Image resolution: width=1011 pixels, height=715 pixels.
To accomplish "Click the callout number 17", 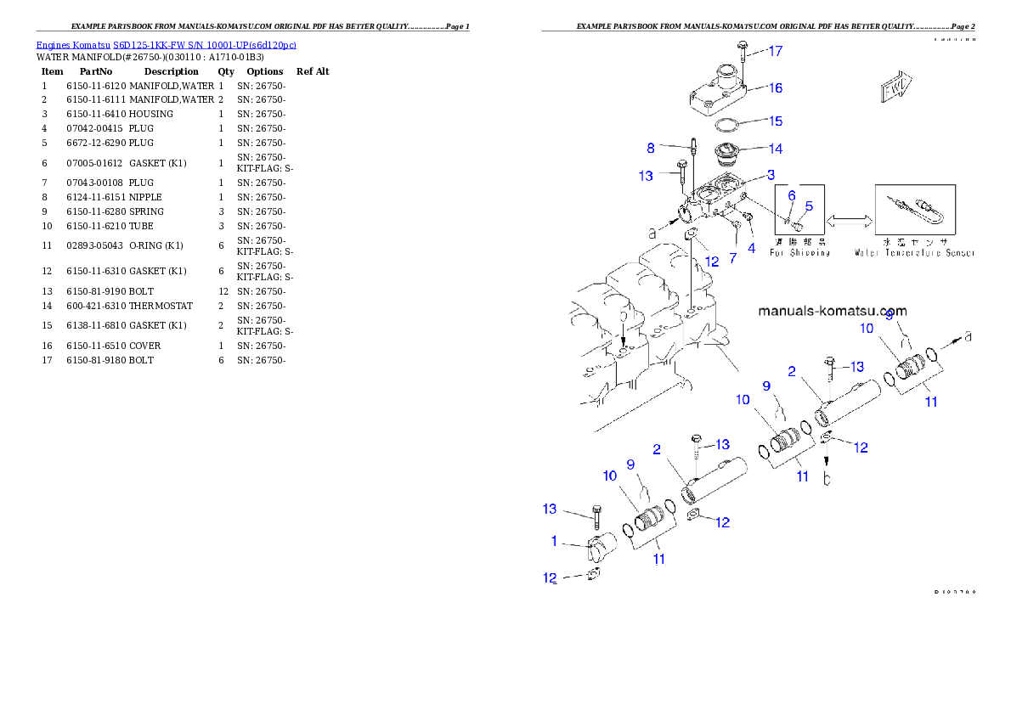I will (x=776, y=51).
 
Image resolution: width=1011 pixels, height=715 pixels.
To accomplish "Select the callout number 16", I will (x=776, y=87).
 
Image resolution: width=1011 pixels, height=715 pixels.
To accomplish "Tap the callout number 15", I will (x=776, y=121).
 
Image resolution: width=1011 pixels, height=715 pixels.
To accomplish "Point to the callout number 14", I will (x=776, y=149).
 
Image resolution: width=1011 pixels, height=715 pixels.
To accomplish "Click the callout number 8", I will (x=651, y=148).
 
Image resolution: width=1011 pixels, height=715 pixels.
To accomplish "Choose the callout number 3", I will (x=771, y=175).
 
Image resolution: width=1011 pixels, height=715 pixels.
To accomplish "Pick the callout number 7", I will (x=732, y=256).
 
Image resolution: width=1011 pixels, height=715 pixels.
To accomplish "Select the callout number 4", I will (x=751, y=249).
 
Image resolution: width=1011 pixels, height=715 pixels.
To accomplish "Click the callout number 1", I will (x=554, y=541).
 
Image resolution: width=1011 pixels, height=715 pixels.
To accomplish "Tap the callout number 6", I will (x=791, y=195).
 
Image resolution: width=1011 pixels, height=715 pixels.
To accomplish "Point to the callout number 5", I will (x=809, y=205).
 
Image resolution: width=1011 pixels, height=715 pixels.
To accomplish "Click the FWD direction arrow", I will (x=895, y=87).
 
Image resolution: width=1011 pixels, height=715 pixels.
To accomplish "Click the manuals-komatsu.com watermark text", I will (x=832, y=312).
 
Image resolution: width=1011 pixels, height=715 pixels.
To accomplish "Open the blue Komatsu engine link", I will (x=166, y=45).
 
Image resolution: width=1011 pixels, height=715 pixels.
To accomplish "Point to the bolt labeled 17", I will (x=743, y=50).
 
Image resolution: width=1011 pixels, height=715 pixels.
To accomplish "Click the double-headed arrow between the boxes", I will (x=850, y=221).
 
